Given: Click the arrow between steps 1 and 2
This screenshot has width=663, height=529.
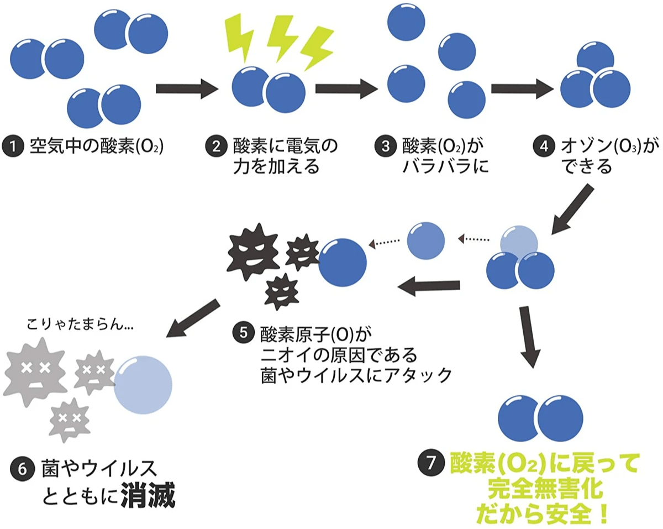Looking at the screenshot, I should pyautogui.click(x=185, y=88).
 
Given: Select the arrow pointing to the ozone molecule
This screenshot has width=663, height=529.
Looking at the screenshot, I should pyautogui.click(x=523, y=88).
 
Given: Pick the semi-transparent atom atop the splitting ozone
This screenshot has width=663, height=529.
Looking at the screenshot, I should pyautogui.click(x=519, y=242).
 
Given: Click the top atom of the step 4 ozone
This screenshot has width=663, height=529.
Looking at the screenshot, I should pyautogui.click(x=595, y=57).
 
